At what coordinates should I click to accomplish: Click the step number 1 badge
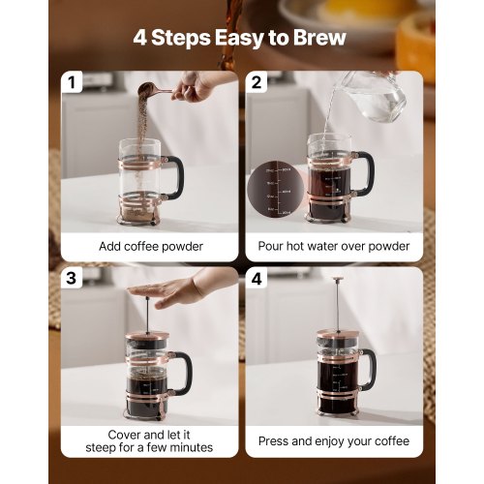(71, 83)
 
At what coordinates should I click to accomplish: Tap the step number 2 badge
(257, 83)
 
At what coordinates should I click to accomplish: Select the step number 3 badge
(71, 279)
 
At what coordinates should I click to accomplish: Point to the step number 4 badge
(257, 279)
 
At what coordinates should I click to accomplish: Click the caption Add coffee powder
(151, 246)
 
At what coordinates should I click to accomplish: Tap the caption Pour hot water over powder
(334, 246)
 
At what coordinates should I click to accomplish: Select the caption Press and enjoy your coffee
(334, 441)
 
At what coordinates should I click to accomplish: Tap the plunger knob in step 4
(339, 282)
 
